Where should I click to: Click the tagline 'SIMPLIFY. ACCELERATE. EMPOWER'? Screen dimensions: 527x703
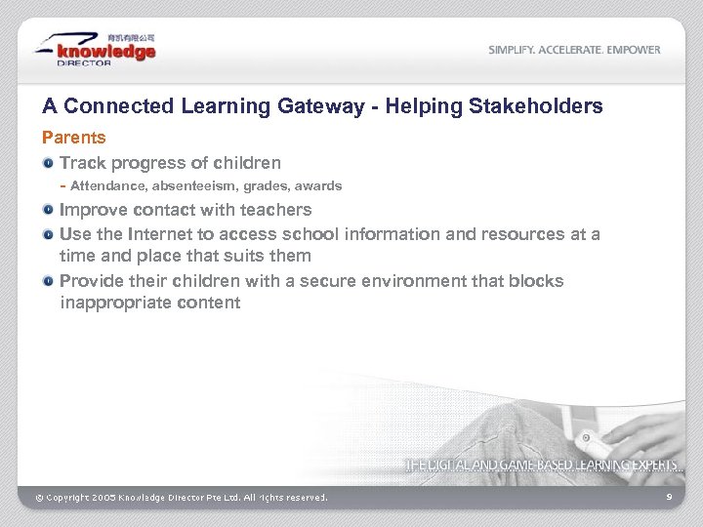pyautogui.click(x=574, y=50)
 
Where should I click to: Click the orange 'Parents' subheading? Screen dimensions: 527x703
pyautogui.click(x=73, y=138)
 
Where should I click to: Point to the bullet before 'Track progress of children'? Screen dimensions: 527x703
pyautogui.click(x=48, y=163)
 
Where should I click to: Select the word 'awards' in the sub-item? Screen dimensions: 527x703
pyautogui.click(x=319, y=185)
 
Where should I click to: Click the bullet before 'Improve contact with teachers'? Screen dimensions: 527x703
pyautogui.click(x=48, y=210)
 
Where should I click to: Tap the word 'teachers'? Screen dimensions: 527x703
pyautogui.click(x=278, y=210)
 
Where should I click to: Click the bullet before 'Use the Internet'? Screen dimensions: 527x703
pyautogui.click(x=48, y=234)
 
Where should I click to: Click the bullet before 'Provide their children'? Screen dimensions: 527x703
pyautogui.click(x=48, y=281)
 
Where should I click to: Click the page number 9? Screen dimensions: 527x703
pyautogui.click(x=669, y=498)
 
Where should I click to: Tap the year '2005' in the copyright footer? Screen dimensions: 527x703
pyautogui.click(x=104, y=498)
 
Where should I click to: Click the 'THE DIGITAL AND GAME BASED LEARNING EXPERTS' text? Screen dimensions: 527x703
pyautogui.click(x=543, y=466)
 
